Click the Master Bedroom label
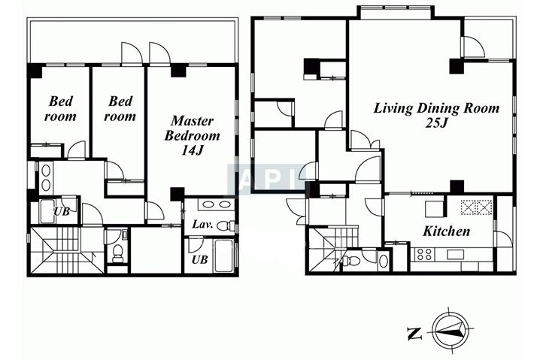click(192, 129)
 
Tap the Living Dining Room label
click(436, 108)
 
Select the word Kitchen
click(446, 231)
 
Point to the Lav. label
click(202, 224)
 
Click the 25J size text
click(436, 123)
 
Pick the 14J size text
click(192, 150)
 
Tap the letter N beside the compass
click(414, 334)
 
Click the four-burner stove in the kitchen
click(423, 255)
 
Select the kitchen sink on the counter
click(455, 255)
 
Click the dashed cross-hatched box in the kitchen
click(476, 207)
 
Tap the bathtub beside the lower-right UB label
click(224, 256)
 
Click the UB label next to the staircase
click(62, 212)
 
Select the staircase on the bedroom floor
click(66, 250)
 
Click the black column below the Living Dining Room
click(457, 187)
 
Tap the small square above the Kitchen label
click(435, 209)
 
